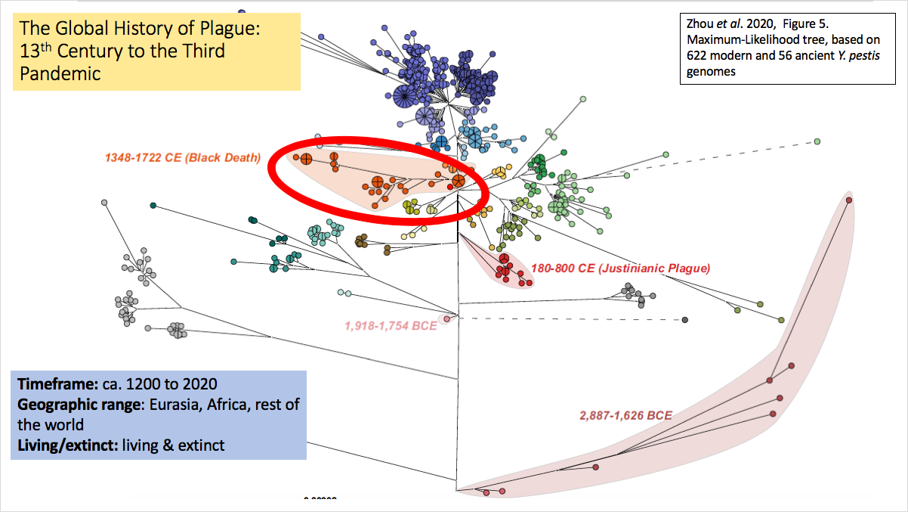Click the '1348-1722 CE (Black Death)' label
click(x=182, y=158)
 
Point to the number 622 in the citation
click(x=700, y=57)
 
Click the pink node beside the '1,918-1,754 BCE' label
click(x=446, y=319)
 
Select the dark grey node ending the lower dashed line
click(x=685, y=321)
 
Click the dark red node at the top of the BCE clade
click(x=848, y=200)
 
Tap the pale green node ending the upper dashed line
click(x=817, y=141)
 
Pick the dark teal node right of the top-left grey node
click(x=153, y=205)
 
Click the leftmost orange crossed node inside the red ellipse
click(x=307, y=159)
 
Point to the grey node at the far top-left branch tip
click(x=104, y=203)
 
